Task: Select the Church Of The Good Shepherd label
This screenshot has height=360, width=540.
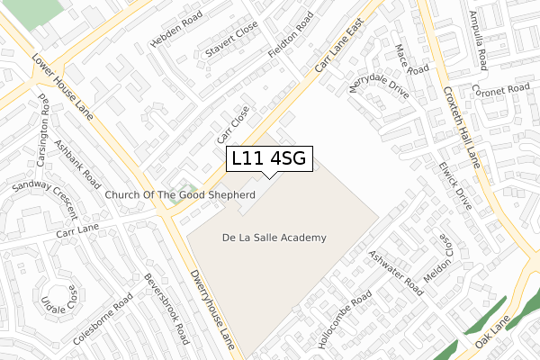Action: click(180, 194)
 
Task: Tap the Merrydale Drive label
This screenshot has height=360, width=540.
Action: click(378, 89)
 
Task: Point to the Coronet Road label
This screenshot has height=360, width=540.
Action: click(504, 90)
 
